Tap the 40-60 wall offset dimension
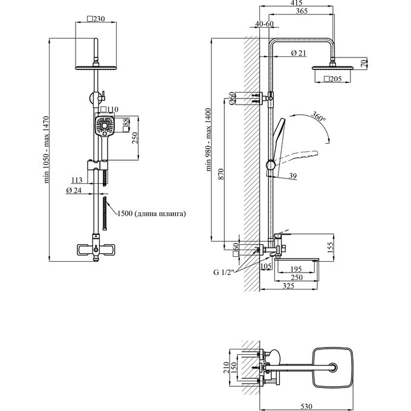point(265,24)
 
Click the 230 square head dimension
point(96,19)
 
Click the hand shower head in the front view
point(104,128)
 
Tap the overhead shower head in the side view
point(331,68)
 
